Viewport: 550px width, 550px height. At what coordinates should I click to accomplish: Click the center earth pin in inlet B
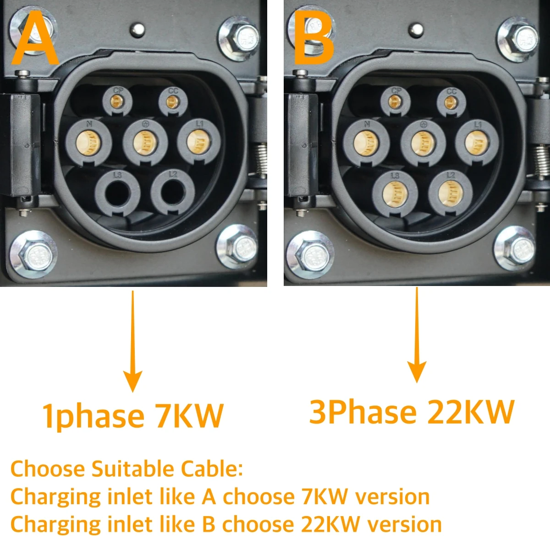pyautogui.click(x=423, y=143)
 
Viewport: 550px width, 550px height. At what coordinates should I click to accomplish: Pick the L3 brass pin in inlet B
pyautogui.click(x=395, y=194)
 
